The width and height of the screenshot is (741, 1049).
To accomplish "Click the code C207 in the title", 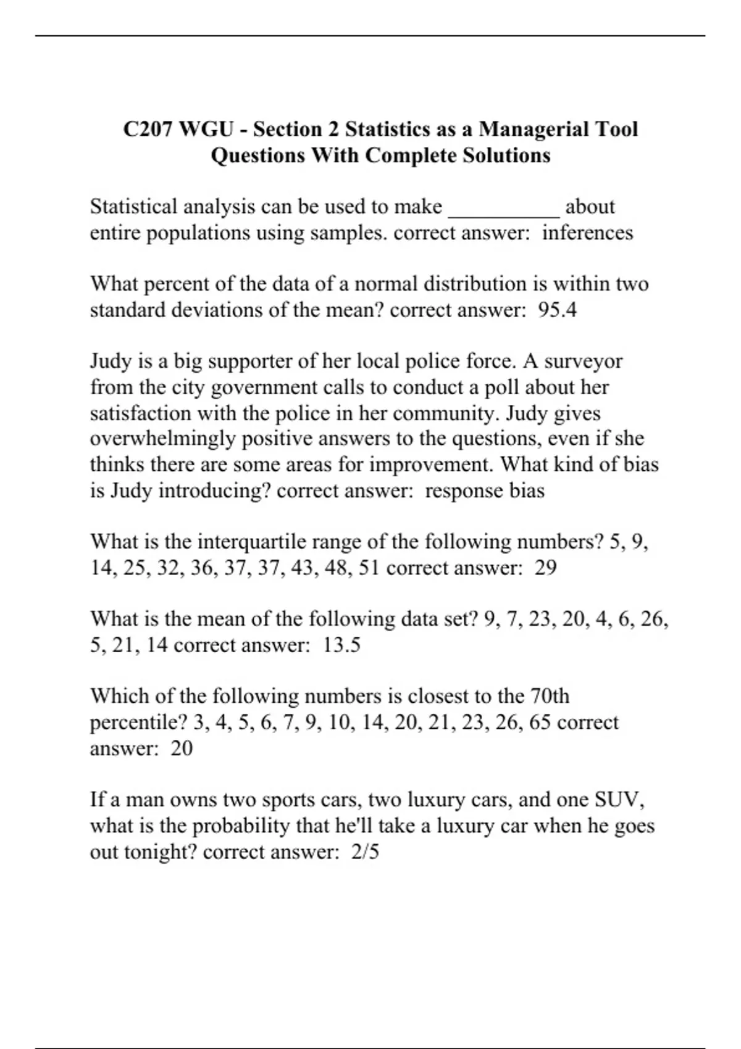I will pyautogui.click(x=149, y=129).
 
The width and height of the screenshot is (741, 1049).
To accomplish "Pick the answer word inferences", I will pyautogui.click(x=587, y=233).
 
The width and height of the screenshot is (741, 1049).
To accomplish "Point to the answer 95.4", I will pyautogui.click(x=558, y=310).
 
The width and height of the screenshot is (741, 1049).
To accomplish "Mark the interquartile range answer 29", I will pyautogui.click(x=545, y=568).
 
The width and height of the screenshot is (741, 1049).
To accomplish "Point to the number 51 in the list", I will pyautogui.click(x=368, y=568).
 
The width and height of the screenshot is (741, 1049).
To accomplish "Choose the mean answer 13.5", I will pyautogui.click(x=341, y=645).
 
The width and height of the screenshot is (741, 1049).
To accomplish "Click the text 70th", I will pyautogui.click(x=550, y=696).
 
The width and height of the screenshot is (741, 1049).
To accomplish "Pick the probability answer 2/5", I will pyautogui.click(x=365, y=852).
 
